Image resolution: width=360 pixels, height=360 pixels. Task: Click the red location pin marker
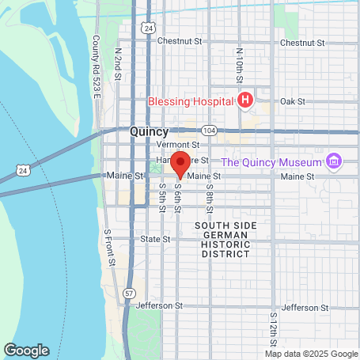click(180, 165)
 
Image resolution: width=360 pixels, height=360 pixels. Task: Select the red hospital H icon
click(245, 100)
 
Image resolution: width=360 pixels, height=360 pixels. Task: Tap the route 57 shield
click(127, 292)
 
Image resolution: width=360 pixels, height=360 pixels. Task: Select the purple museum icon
click(334, 162)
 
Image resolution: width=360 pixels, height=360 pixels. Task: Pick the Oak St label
click(292, 101)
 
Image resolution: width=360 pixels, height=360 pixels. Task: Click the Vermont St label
click(177, 146)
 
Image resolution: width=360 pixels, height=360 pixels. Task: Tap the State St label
click(150, 237)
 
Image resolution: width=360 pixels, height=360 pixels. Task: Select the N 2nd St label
click(117, 63)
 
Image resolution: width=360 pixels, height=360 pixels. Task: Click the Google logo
click(26, 350)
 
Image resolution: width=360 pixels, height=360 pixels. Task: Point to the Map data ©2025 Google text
click(311, 354)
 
